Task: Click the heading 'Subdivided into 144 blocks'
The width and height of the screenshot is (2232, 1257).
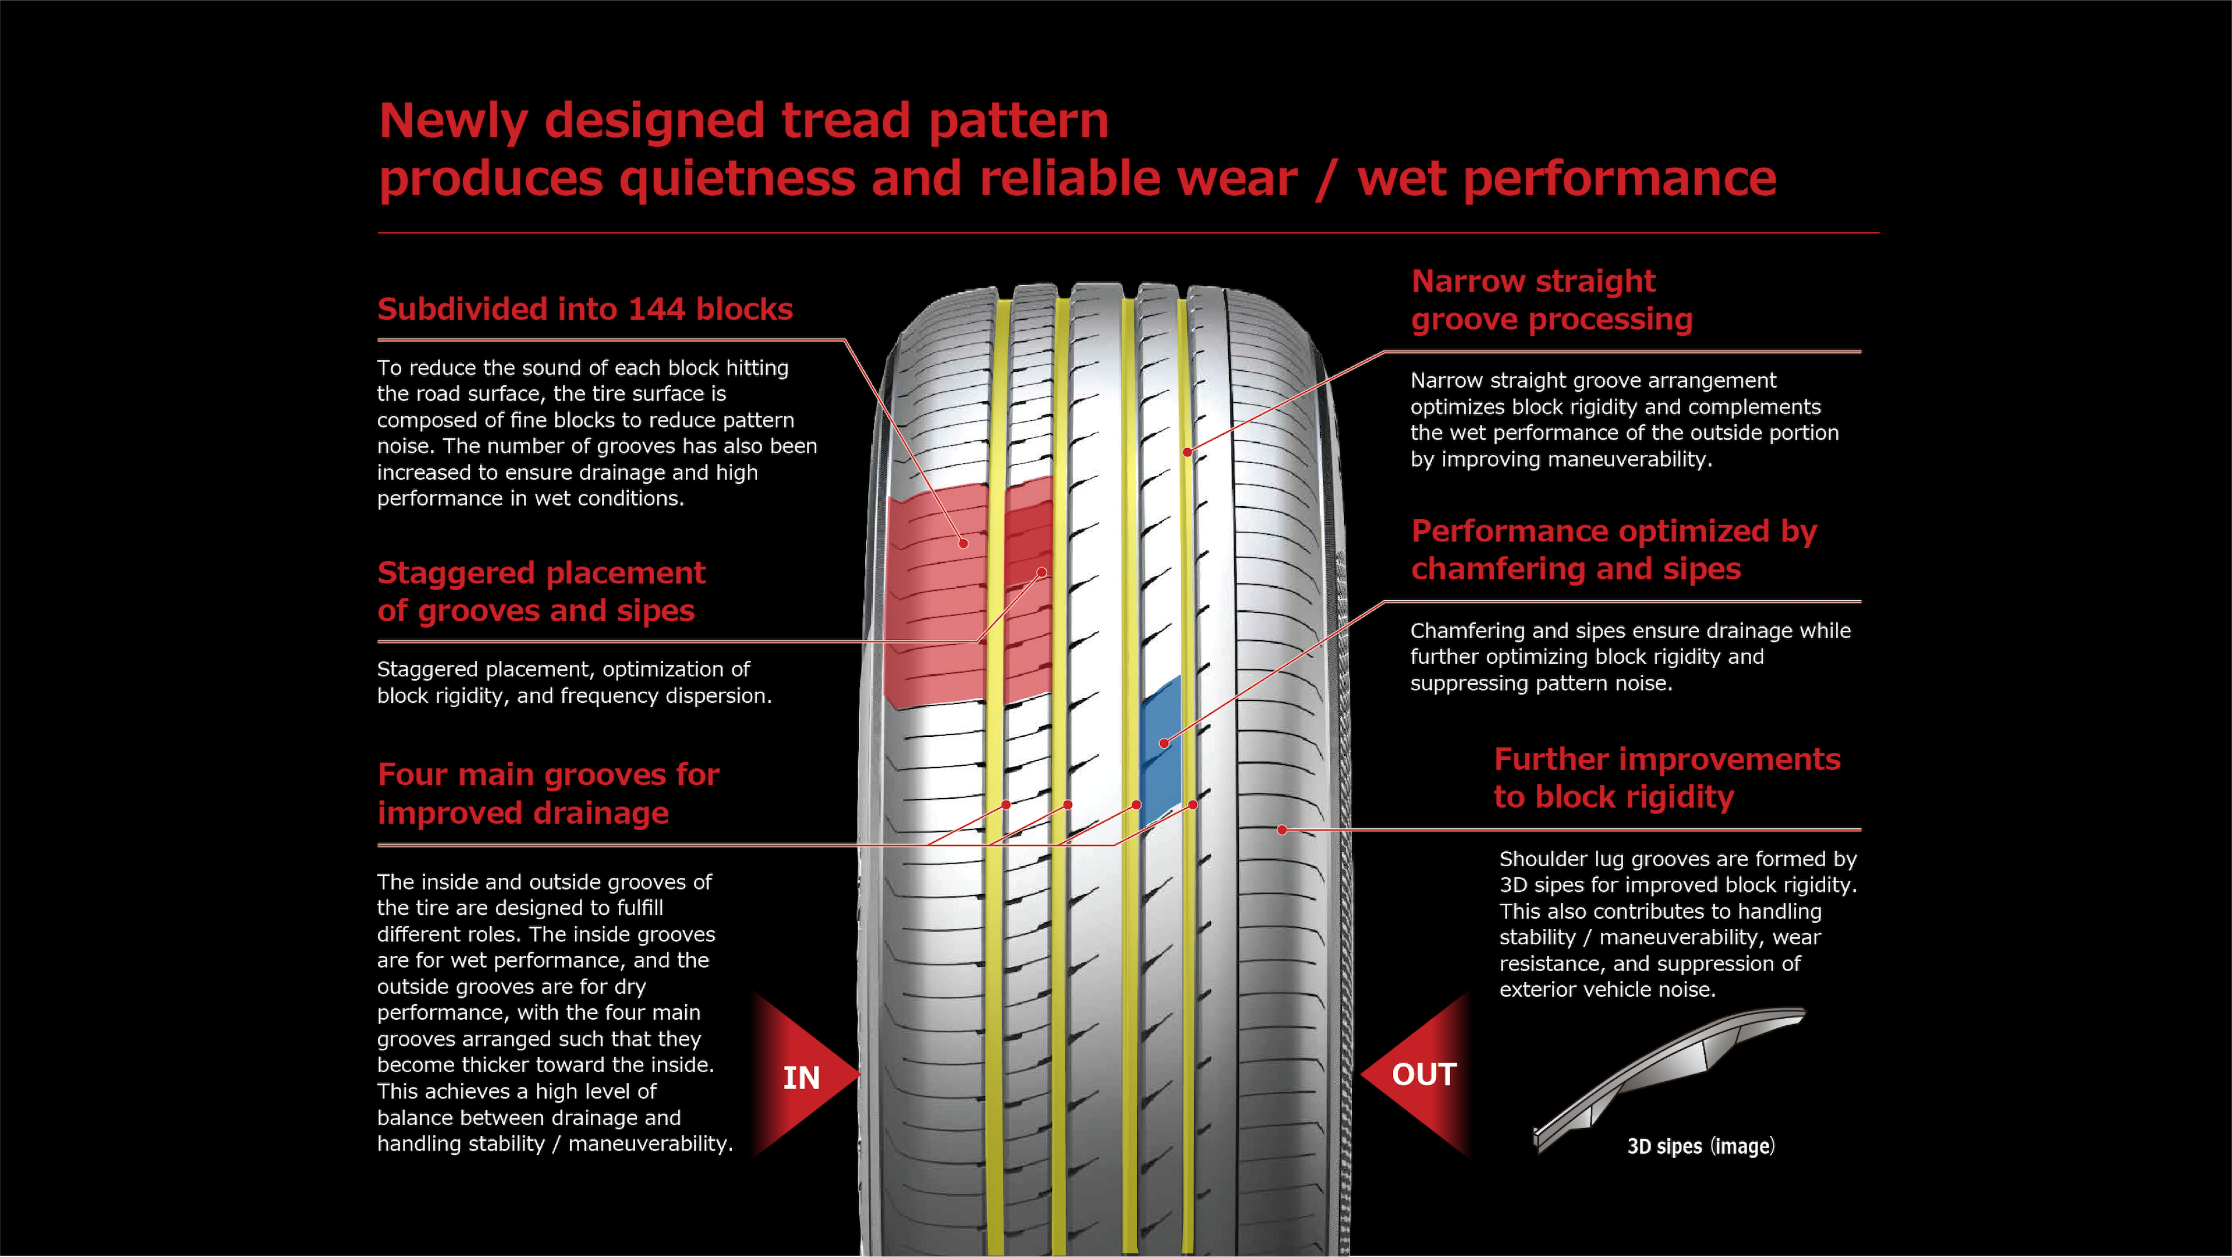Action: [585, 309]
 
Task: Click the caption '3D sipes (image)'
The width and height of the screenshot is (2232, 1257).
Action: [1700, 1146]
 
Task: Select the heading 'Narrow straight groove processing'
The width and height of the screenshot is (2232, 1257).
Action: [1551, 300]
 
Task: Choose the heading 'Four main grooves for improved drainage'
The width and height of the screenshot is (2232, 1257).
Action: [547, 793]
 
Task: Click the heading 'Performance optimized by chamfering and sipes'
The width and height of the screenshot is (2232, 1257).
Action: [1613, 550]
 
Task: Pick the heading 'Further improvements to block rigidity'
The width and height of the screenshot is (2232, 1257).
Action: [1666, 778]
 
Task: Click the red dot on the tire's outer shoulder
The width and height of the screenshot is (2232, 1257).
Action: [1282, 829]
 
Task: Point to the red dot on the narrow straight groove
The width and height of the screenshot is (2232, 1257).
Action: [1187, 452]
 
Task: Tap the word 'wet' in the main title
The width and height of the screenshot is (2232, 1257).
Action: [1401, 179]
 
